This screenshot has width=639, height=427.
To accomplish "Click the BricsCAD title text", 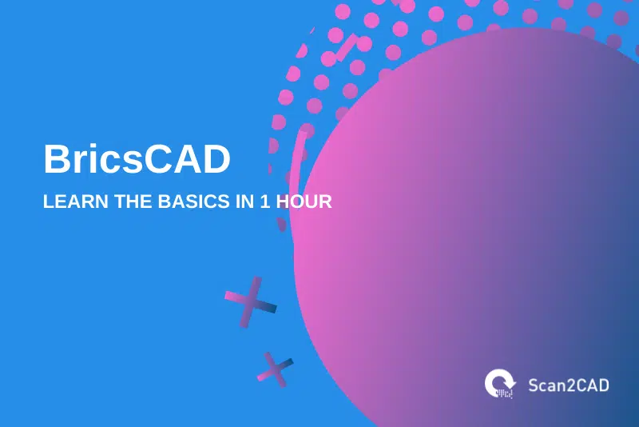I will point(137,159).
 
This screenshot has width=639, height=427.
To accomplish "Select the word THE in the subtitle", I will point(120,202).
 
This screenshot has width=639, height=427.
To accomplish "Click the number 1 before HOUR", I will point(264,202).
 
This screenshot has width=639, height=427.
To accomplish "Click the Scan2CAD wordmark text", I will point(568,385).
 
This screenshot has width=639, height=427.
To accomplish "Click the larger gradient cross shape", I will point(251,301).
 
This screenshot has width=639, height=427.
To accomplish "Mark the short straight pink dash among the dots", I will point(346,49).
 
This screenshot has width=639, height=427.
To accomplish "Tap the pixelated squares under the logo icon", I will point(502,392).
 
